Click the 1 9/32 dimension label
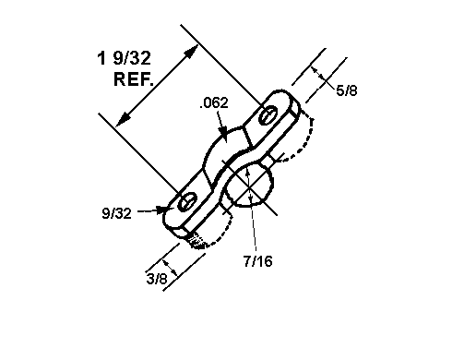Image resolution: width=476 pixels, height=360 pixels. pos(124,58)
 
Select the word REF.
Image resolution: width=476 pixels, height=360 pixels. pos(134,79)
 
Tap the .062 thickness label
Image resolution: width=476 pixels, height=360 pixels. pos(214,102)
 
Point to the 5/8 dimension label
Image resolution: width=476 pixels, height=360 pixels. pos(347,91)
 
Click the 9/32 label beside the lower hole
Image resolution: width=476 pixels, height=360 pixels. pos(117,213)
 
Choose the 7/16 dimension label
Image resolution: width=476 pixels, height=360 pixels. pos(258,261)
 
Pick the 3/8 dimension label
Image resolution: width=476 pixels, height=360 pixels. pos(157,279)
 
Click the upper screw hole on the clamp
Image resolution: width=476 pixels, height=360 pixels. pos(268,115)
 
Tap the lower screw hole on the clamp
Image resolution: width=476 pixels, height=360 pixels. pos(187,202)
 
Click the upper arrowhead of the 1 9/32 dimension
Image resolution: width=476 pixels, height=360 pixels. pos(192,52)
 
